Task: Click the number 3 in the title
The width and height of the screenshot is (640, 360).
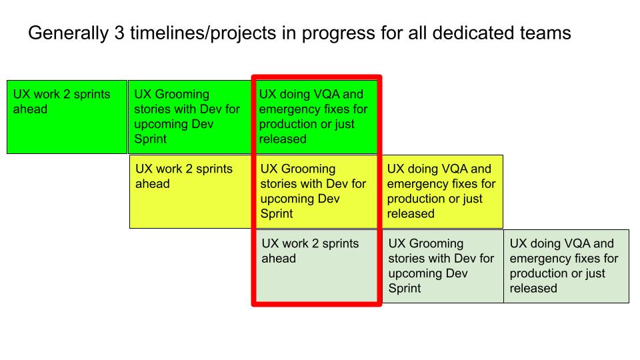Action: point(119,33)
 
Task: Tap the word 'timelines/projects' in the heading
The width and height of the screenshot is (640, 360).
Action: point(203,33)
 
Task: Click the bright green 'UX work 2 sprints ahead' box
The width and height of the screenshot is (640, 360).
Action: point(67,117)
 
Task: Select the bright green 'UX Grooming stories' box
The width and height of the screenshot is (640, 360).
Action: point(190,117)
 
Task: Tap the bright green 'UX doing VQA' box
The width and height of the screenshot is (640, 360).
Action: point(316,117)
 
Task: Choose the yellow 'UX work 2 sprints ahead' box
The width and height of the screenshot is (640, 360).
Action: point(191,191)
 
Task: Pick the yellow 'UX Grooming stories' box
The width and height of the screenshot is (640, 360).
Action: point(316,191)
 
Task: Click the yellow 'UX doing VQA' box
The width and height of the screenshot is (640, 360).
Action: point(442,191)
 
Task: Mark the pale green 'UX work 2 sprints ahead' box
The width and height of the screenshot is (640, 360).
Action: point(316,266)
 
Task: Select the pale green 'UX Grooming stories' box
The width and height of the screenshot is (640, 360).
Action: point(442,266)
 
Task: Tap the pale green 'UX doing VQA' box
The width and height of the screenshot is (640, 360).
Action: point(567,266)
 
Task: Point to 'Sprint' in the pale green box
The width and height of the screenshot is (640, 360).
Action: point(405,289)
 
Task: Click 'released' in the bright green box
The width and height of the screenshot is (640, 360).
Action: point(283,139)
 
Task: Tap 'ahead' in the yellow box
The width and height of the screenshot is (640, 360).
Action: point(153,184)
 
